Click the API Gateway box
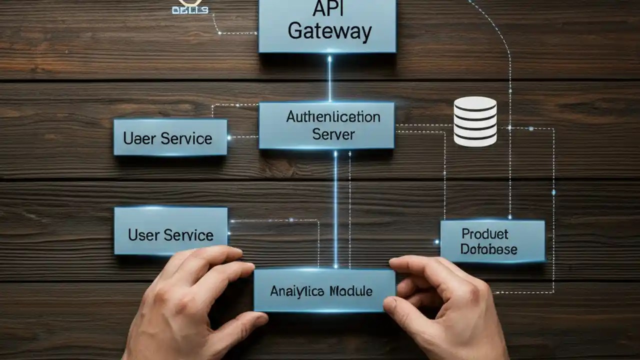click(327, 25)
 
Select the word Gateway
click(330, 32)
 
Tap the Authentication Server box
click(326, 125)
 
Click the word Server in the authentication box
click(333, 134)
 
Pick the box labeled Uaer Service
click(170, 137)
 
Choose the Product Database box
click(492, 241)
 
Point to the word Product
click(484, 233)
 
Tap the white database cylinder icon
click(475, 121)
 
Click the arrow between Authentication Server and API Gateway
click(329, 77)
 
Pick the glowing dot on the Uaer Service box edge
click(229, 137)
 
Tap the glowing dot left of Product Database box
click(437, 242)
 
